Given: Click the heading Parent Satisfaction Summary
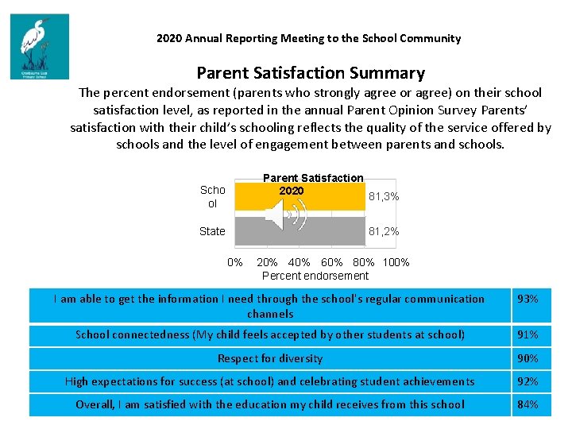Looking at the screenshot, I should click(x=311, y=73).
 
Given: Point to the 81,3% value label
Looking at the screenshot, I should click(x=384, y=196).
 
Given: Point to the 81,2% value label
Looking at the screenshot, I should click(x=384, y=232).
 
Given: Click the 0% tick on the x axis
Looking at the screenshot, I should click(x=235, y=262).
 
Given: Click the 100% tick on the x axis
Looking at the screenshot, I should click(x=396, y=262).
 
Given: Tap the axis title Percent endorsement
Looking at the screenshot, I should click(x=315, y=276).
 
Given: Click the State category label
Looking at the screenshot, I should click(x=212, y=231).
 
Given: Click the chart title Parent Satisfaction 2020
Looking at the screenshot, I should click(x=313, y=184).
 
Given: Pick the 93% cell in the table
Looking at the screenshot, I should click(x=528, y=300).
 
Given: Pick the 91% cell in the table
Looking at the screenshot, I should click(x=528, y=334).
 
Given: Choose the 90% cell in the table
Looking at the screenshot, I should click(x=528, y=358).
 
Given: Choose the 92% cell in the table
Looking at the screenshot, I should click(x=528, y=381).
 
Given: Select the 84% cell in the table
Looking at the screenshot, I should click(x=528, y=404).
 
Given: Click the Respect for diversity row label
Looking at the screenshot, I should click(x=270, y=358).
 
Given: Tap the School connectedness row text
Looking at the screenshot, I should click(x=270, y=334).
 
